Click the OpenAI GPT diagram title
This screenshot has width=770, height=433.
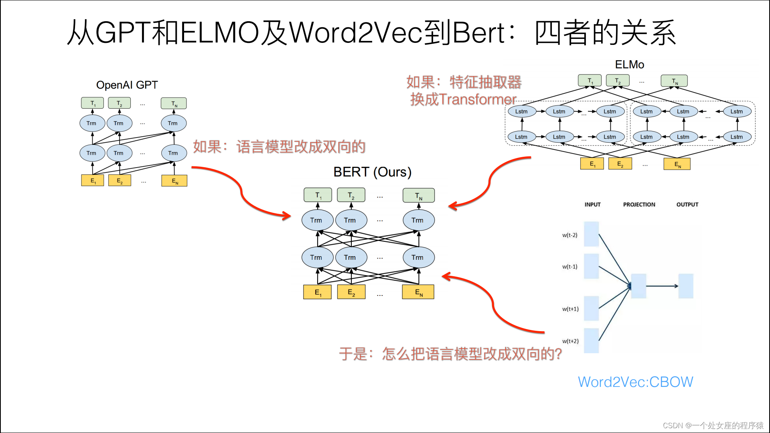(x=127, y=85)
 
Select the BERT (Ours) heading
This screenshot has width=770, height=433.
(x=372, y=172)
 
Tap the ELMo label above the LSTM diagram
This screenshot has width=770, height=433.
(x=629, y=65)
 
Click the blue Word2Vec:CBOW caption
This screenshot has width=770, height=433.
(x=635, y=382)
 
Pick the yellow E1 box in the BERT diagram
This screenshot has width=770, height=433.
(x=317, y=292)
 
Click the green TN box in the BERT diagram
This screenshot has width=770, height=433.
(x=418, y=196)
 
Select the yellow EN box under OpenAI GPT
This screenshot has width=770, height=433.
(x=174, y=181)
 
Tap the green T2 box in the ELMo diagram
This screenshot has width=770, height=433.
(x=617, y=81)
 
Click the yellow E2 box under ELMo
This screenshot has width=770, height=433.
(x=620, y=164)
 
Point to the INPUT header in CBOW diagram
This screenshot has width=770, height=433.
(x=592, y=204)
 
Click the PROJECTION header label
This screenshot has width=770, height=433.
(x=639, y=204)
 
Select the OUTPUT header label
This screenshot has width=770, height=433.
(x=687, y=204)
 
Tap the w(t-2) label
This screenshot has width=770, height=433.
(x=569, y=235)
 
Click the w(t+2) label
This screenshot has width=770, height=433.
(x=570, y=341)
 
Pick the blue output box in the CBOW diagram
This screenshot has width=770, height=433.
(x=685, y=286)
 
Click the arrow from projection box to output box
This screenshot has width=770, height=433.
(x=662, y=286)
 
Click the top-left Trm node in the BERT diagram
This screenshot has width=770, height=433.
(x=317, y=220)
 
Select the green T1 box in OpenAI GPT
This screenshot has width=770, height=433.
(x=92, y=103)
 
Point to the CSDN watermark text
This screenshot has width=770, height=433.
(x=713, y=425)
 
